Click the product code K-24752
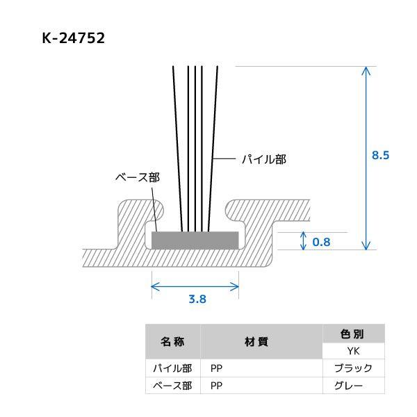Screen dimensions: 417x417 point(73,38)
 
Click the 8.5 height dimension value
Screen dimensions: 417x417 point(380,156)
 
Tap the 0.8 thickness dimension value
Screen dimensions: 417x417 point(322,242)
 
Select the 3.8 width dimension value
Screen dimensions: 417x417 point(197,300)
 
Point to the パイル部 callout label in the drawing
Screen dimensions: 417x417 point(263,159)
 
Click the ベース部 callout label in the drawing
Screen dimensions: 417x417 point(137,177)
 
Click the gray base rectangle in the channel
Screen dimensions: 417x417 point(195,240)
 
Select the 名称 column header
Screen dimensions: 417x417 point(172,342)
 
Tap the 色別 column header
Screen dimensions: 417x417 point(352,334)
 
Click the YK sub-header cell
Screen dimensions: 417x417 point(352,351)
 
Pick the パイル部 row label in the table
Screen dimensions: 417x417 point(172,368)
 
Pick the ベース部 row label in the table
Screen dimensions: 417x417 point(172,386)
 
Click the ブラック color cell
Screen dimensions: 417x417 point(352,368)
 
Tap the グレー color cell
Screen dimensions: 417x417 point(352,386)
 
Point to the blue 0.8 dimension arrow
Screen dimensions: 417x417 point(303,240)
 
